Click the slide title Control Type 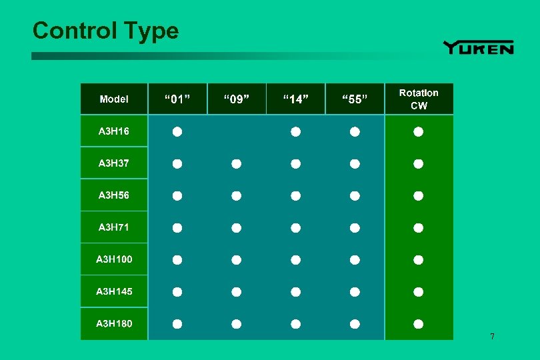click(x=105, y=31)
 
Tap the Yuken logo click(x=478, y=47)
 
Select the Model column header click(x=114, y=99)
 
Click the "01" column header click(x=177, y=99)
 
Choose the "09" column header click(x=236, y=99)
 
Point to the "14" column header click(x=295, y=99)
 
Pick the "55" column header click(x=355, y=99)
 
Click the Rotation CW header click(x=419, y=99)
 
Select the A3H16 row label click(x=114, y=131)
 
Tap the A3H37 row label click(x=114, y=163)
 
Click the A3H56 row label click(x=114, y=195)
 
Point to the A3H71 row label click(x=114, y=227)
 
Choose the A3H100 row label click(x=114, y=259)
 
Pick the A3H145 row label click(x=114, y=291)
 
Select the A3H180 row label click(x=114, y=323)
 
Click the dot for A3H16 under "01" click(x=177, y=132)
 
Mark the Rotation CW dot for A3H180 click(x=418, y=324)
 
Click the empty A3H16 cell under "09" click(x=236, y=132)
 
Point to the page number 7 click(x=492, y=336)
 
